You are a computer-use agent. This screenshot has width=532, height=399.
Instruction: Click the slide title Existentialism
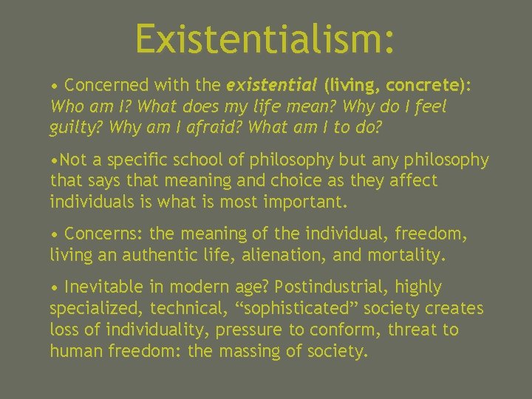point(265,38)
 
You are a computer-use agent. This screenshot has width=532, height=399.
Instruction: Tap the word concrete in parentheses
point(427,86)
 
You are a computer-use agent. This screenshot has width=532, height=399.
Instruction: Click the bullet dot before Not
point(54,160)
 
